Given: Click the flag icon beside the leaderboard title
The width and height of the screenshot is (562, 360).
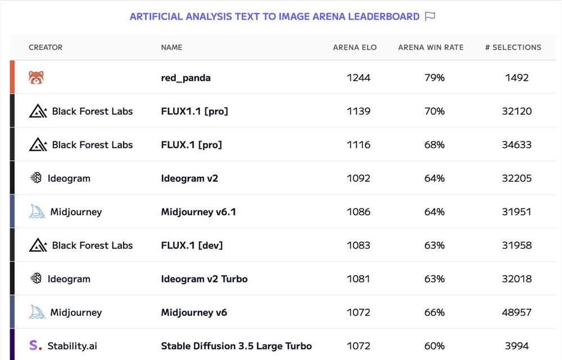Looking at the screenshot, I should pos(430,16).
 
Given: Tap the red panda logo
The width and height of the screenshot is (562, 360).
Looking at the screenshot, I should pos(37,78).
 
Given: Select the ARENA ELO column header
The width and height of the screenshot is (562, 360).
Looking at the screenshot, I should pos(355,47).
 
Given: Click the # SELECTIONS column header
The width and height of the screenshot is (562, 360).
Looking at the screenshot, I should pos(513,47).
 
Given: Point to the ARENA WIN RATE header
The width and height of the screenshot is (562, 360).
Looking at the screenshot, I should pos(430,47).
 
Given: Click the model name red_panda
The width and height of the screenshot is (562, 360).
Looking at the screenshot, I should pos(185,78).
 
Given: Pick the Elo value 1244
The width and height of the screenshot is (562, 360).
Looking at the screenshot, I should pos(359,78).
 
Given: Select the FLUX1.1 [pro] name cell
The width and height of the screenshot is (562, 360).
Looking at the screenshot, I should pos(194,111).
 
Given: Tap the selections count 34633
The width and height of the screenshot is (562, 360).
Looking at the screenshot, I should pos(516,145).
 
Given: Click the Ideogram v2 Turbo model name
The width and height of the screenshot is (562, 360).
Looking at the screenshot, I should pos(204,279).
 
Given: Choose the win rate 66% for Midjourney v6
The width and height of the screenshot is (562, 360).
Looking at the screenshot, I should pos(434,312).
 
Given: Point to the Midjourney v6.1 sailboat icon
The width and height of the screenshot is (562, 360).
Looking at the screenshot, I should pos(37,212).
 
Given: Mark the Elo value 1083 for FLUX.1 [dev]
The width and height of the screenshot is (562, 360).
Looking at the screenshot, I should pos(359,245).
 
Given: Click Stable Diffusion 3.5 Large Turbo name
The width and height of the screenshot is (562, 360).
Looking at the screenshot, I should pos(236,346).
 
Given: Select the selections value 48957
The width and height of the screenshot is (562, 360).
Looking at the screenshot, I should pos(516,312).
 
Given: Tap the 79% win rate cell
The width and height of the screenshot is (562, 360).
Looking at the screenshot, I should pos(434,78).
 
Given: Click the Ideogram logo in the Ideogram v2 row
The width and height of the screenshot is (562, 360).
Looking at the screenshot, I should pos(36,178).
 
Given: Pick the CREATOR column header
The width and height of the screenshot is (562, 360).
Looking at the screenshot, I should pos(46,47).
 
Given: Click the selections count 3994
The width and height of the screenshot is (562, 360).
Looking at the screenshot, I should pos(516,346).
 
